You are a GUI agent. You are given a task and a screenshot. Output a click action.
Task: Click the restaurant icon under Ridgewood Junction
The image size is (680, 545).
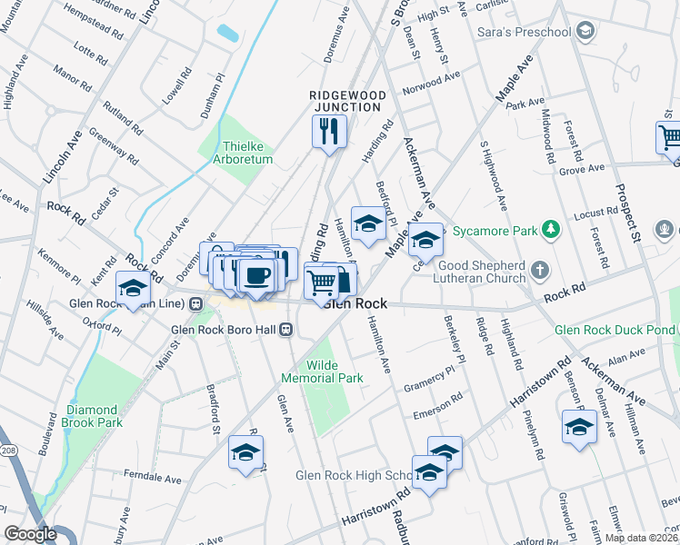coord(330,132)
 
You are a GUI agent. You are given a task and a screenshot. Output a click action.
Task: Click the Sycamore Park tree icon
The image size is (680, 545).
coord(549,230)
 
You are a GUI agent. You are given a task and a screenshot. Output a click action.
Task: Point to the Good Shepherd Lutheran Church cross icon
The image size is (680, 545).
coord(540,270)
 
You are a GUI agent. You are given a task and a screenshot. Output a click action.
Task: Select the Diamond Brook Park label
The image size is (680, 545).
coord(94,416)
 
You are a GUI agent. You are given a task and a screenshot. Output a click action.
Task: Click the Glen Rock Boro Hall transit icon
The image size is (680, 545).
coord(285,329)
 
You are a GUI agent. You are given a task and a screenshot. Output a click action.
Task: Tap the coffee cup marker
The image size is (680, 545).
coord(257,275)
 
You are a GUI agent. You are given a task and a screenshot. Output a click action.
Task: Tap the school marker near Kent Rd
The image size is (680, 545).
coord(134,288)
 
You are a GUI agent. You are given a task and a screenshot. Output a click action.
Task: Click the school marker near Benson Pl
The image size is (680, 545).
coord(578,427)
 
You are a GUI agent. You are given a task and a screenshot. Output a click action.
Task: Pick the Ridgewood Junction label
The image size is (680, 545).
coord(347,101)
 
